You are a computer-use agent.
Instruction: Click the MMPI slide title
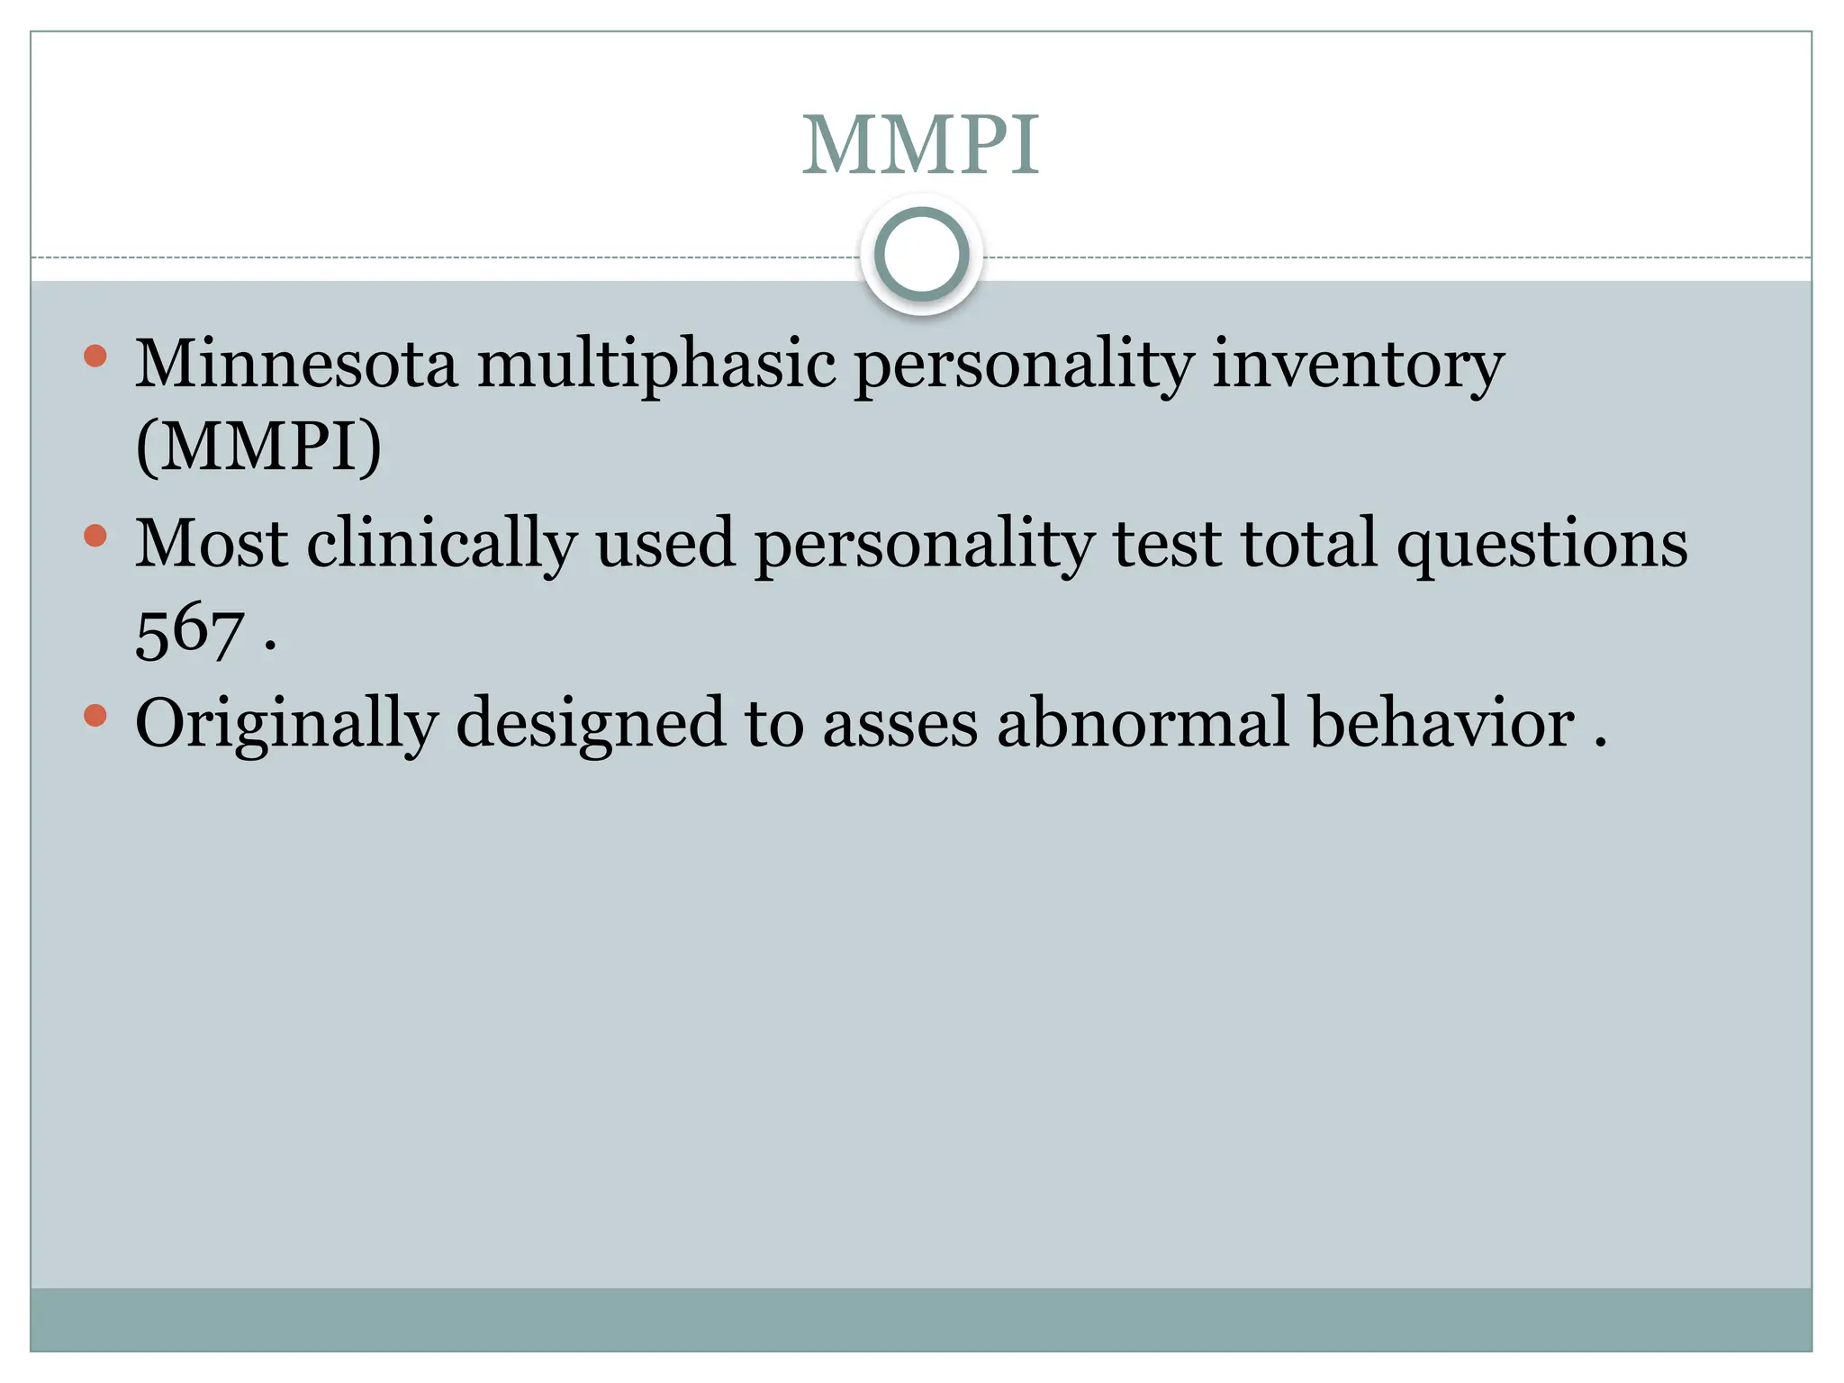(x=920, y=146)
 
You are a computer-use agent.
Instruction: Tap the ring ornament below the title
(x=921, y=255)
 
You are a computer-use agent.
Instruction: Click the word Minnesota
(x=296, y=364)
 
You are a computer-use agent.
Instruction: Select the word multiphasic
(x=656, y=366)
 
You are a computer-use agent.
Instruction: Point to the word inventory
(x=1359, y=366)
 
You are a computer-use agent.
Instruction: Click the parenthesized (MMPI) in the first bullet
(x=258, y=447)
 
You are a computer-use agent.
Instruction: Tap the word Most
(x=212, y=544)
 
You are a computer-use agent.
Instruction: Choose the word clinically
(x=441, y=546)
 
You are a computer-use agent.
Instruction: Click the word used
(x=665, y=544)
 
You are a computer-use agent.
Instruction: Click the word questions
(x=1542, y=546)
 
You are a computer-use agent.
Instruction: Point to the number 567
(x=190, y=632)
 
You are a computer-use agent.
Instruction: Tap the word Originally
(x=286, y=726)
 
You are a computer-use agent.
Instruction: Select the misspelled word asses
(x=900, y=724)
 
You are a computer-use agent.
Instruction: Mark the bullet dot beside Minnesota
(x=95, y=357)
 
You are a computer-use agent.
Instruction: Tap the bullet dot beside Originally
(x=95, y=716)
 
